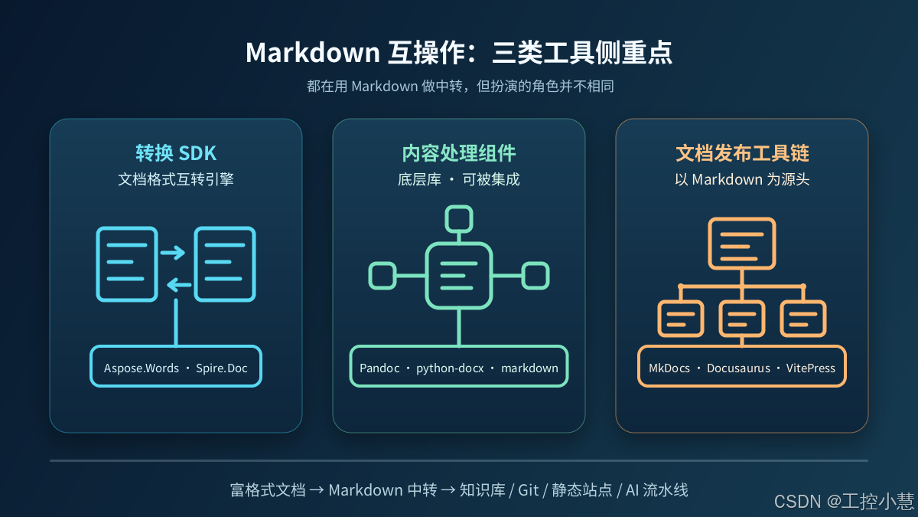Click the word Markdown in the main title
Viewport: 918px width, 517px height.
(x=313, y=53)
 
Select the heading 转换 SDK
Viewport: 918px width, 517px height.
(x=176, y=153)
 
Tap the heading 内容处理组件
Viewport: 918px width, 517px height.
(x=458, y=153)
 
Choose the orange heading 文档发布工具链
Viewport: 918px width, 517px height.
(x=742, y=153)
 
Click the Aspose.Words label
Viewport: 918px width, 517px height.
(x=142, y=368)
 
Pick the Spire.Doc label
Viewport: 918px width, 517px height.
(x=222, y=368)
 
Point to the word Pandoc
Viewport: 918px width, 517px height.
(x=379, y=368)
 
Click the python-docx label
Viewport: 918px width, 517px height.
(x=450, y=368)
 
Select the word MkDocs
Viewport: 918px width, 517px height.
(x=669, y=368)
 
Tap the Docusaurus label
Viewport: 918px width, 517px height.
(x=738, y=368)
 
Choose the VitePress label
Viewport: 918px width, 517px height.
(x=811, y=368)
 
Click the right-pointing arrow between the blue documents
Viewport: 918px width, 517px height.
(x=173, y=252)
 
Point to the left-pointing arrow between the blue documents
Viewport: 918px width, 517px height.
(x=179, y=285)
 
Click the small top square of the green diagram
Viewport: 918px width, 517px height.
(x=459, y=219)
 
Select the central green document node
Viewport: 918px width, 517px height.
(x=459, y=276)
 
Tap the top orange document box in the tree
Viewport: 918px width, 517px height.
(x=742, y=244)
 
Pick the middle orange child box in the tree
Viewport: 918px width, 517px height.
(x=742, y=319)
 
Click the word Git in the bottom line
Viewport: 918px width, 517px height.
(x=529, y=490)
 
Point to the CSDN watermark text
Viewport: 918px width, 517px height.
(x=845, y=502)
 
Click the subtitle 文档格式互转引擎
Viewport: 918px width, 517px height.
(x=176, y=179)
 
